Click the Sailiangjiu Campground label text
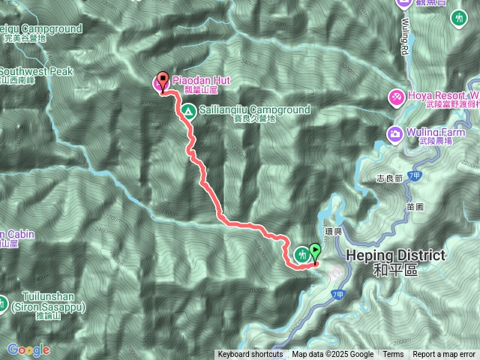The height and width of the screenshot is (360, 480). [x=256, y=109]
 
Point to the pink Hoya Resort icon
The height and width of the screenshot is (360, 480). [x=395, y=97]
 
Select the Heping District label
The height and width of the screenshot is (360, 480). [x=396, y=256]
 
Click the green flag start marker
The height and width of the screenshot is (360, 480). [x=315, y=252]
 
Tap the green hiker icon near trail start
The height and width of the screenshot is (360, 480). [x=301, y=254]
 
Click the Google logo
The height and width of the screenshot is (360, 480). [x=28, y=349]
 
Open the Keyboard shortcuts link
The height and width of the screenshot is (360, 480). [x=250, y=355]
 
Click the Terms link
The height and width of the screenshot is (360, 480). [x=393, y=355]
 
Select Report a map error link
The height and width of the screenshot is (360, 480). [x=444, y=355]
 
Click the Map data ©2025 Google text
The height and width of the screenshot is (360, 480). [x=333, y=355]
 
